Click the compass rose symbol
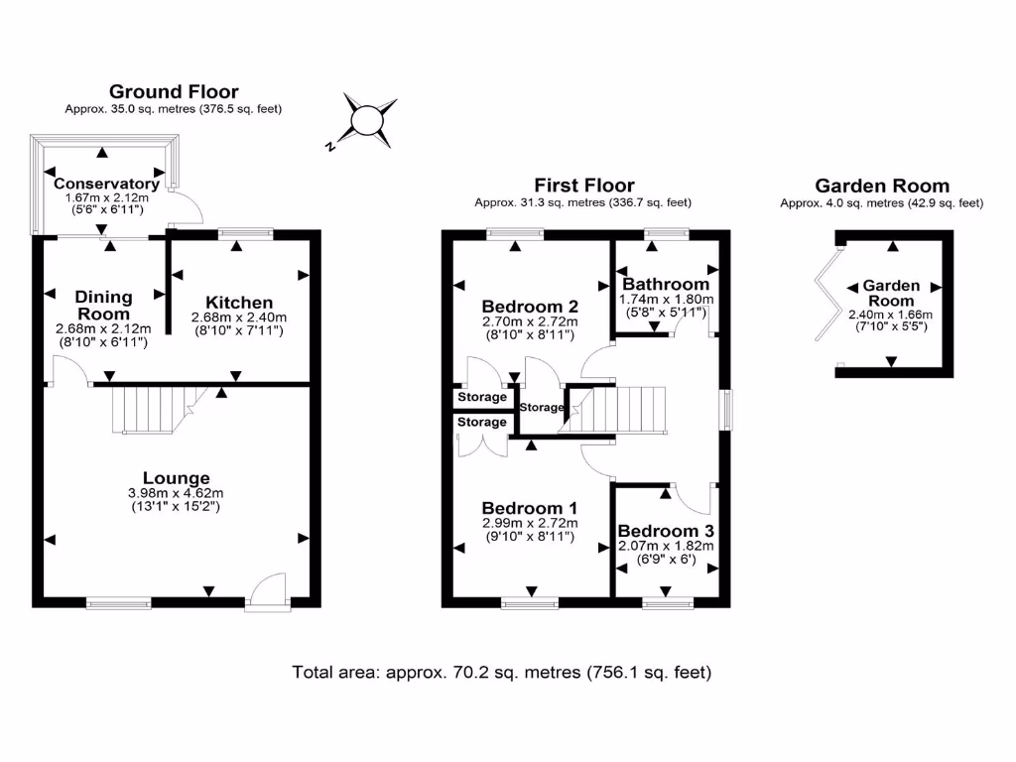coord(369,120)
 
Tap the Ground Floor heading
coord(174,92)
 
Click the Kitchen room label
coord(238,303)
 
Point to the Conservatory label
coord(106,184)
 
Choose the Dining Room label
coord(104,306)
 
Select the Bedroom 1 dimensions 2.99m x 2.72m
coord(530,523)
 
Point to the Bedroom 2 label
coord(530,306)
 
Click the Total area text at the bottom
coord(501,672)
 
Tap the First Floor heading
coord(583,185)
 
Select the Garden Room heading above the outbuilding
coord(881,186)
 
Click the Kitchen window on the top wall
coord(244,234)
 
